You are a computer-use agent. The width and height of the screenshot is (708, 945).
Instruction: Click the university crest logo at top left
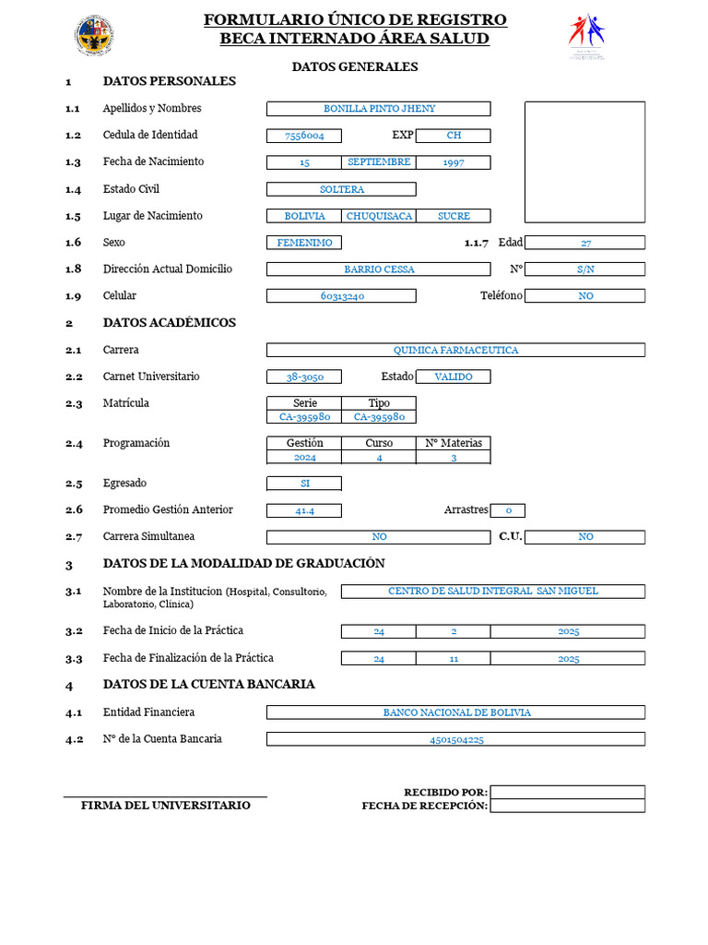[94, 35]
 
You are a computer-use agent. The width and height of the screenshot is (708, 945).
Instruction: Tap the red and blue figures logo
[586, 35]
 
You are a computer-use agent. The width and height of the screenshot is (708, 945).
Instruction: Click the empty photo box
[584, 161]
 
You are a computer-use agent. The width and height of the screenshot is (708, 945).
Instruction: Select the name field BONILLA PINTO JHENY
[378, 109]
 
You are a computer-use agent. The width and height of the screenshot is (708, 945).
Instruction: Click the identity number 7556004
[303, 136]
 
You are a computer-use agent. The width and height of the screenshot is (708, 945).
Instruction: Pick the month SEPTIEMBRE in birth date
[378, 162]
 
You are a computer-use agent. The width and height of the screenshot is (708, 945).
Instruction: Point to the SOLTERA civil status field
[341, 189]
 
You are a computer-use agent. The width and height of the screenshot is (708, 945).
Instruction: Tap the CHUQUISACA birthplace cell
[378, 216]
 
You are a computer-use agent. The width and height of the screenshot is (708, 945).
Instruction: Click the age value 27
[584, 243]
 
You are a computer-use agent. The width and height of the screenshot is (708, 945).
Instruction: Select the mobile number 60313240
[341, 296]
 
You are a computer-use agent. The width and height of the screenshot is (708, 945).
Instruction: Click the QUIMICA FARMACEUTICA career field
[455, 350]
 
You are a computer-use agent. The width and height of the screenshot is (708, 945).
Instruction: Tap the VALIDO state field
[453, 377]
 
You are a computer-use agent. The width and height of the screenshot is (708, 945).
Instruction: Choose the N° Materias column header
[453, 443]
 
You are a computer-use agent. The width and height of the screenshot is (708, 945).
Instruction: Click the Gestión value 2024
[303, 457]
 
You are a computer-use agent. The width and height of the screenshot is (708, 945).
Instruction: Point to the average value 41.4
[303, 510]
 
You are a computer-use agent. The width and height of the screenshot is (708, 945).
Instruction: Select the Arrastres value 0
[507, 510]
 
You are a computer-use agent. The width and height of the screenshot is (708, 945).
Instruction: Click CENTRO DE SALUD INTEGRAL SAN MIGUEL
[492, 591]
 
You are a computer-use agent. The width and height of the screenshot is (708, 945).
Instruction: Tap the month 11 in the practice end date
[453, 659]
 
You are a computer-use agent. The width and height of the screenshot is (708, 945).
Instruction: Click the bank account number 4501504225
[455, 739]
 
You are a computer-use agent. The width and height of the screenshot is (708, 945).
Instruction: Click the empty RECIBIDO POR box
[567, 792]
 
